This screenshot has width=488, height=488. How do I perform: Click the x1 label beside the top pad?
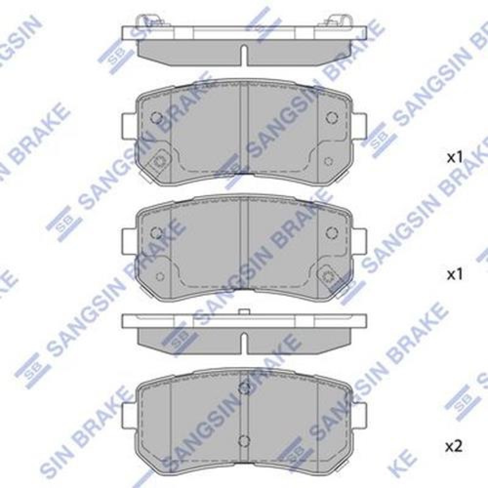[x=455, y=158]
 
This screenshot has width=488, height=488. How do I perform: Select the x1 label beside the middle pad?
[x=455, y=275]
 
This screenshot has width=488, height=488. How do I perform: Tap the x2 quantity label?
[x=454, y=447]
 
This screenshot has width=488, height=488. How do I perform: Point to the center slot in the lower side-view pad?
[x=244, y=343]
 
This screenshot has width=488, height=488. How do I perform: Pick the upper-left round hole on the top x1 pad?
[x=157, y=118]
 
